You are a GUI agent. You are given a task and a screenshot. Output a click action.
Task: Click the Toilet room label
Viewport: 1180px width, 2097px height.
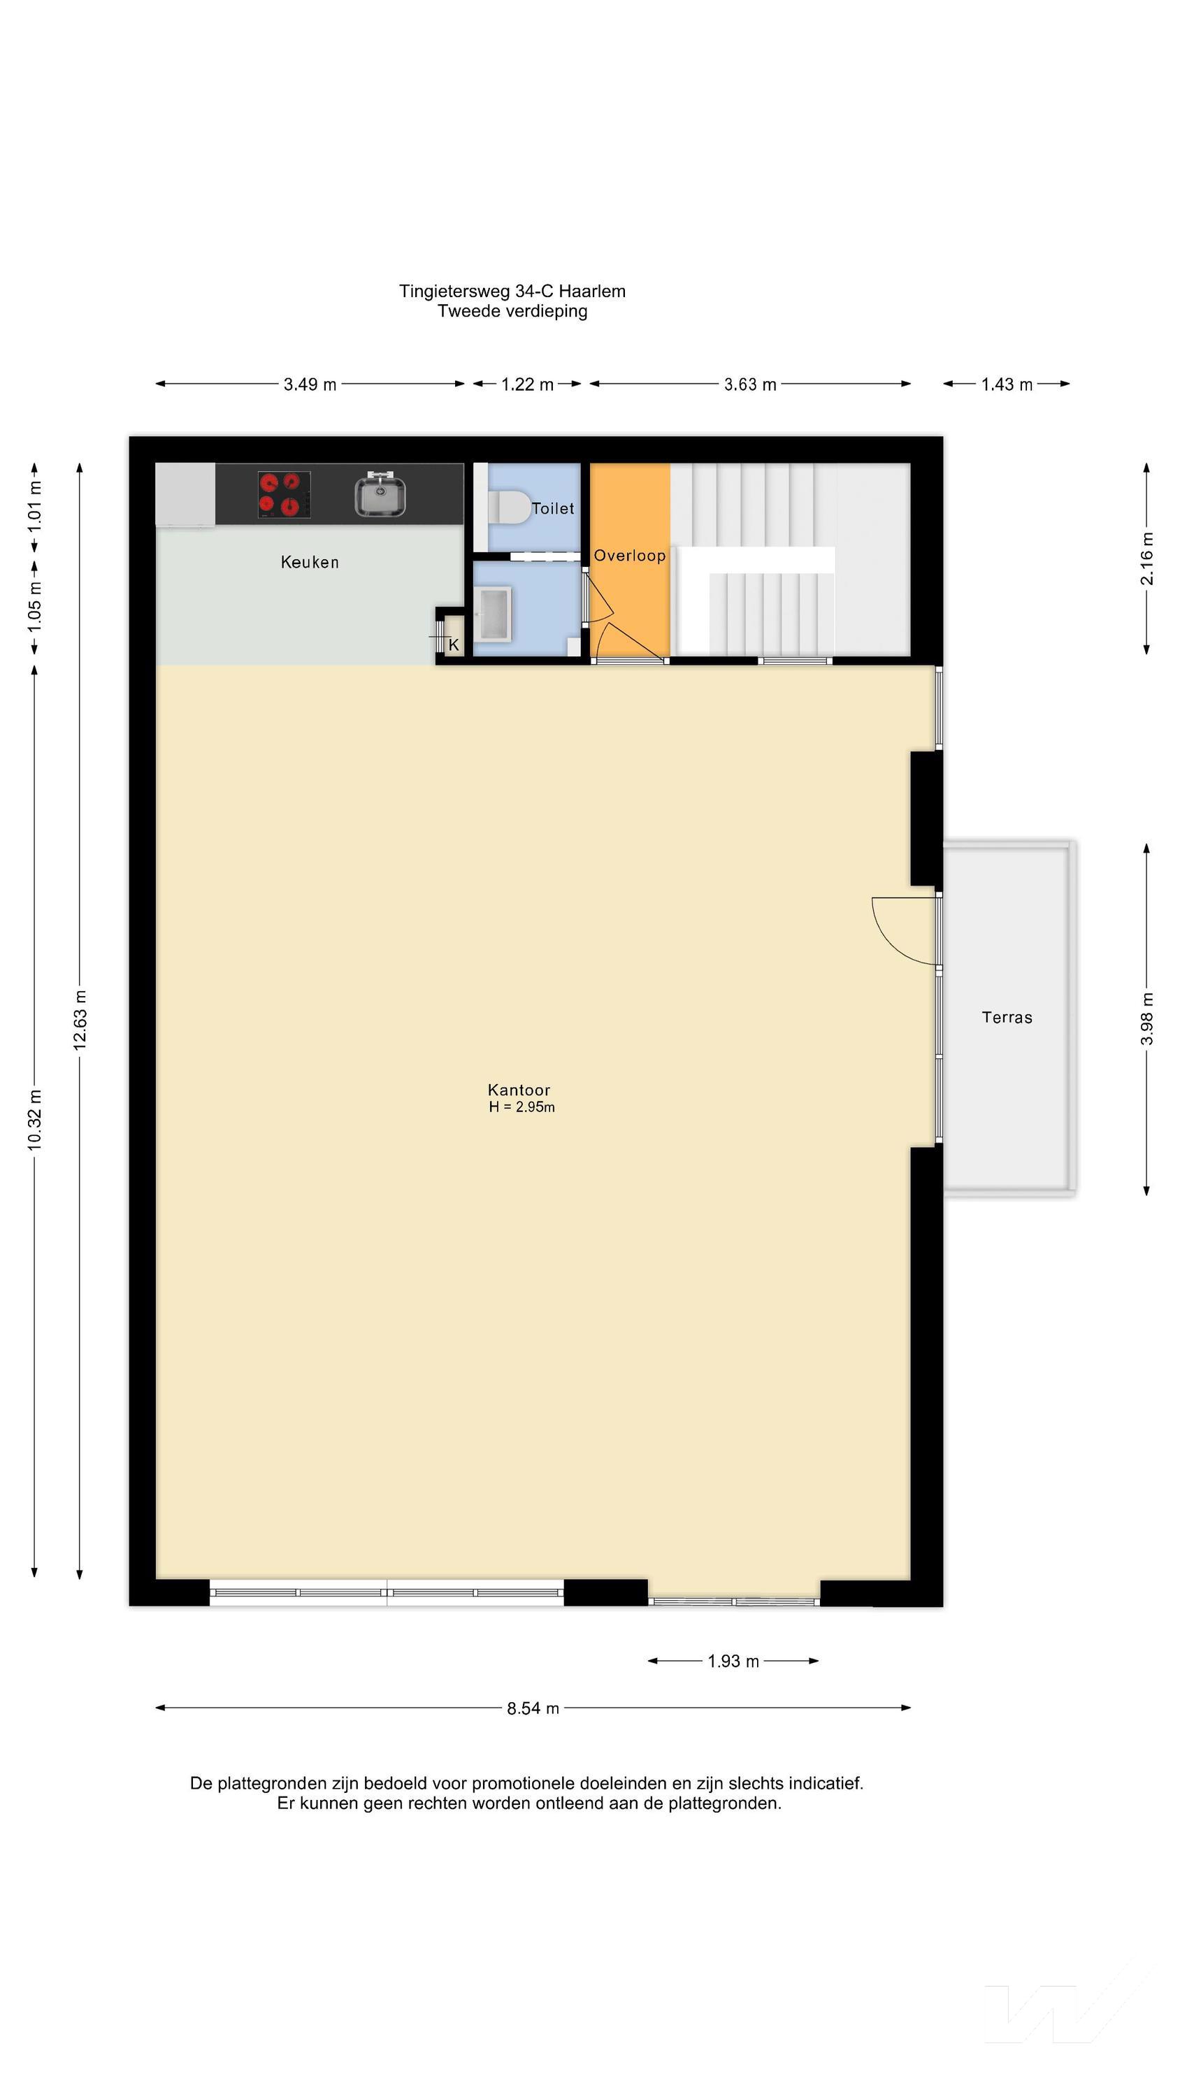pyautogui.click(x=553, y=509)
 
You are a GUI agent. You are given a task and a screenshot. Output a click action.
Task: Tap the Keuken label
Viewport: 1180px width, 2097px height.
pyautogui.click(x=310, y=562)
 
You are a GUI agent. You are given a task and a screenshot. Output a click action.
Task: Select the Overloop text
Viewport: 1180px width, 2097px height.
pyautogui.click(x=629, y=556)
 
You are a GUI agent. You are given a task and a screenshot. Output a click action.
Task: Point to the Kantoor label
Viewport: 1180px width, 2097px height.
pyautogui.click(x=519, y=1089)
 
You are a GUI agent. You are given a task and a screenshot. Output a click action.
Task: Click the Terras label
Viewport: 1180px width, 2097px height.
pyautogui.click(x=1007, y=1018)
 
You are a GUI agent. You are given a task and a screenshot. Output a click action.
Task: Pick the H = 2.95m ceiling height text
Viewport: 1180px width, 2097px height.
pyautogui.click(x=522, y=1107)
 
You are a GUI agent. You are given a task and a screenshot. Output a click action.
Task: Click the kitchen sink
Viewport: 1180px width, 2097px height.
pyautogui.click(x=380, y=494)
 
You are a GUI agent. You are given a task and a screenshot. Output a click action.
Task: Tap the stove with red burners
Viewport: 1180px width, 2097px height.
pyautogui.click(x=285, y=494)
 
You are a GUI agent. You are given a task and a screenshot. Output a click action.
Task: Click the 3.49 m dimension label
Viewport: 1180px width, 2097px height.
pyautogui.click(x=310, y=384)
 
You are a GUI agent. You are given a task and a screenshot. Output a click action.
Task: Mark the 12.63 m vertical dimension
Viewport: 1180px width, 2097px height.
pyautogui.click(x=80, y=1020)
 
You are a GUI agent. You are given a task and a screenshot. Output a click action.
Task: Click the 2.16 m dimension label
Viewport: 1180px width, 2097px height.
pyautogui.click(x=1146, y=559)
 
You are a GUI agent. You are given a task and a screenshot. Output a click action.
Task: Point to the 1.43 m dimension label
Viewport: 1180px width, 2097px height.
pyautogui.click(x=1007, y=384)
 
